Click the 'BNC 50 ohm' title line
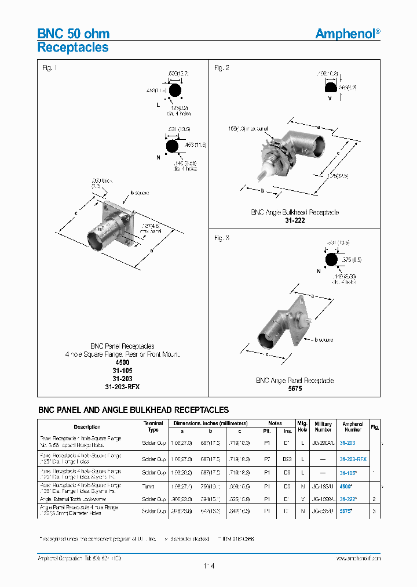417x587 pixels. [x=74, y=34]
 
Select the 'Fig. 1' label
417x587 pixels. [x=50, y=68]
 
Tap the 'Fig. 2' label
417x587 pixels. [x=222, y=68]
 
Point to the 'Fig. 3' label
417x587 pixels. [x=222, y=238]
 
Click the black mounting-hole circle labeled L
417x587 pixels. [x=175, y=91]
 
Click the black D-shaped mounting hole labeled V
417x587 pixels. [x=331, y=88]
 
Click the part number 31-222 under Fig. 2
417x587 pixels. [x=295, y=220]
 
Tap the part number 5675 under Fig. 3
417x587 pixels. [x=295, y=389]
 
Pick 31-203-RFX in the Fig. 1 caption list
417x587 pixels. [x=123, y=386]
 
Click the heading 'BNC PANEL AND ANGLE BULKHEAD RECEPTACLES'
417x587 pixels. [x=133, y=410]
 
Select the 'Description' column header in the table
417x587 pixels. [x=87, y=427]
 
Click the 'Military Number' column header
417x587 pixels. [x=323, y=427]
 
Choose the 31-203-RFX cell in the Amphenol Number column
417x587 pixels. [x=353, y=459]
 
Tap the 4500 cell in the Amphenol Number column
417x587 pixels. [x=346, y=488]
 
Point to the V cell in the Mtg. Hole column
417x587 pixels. [x=302, y=499]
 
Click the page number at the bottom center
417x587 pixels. [x=209, y=566]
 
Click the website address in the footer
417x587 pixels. [x=358, y=557]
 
